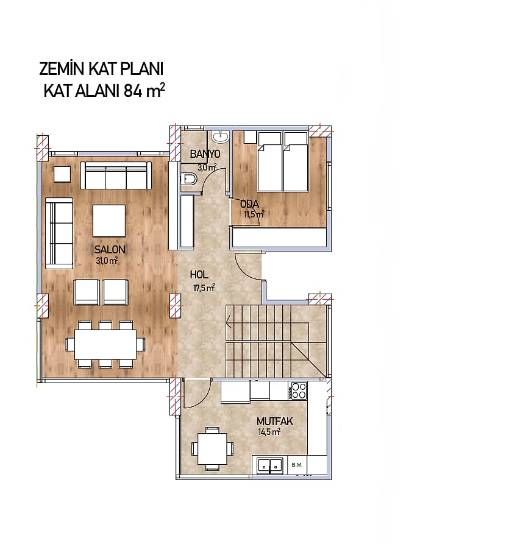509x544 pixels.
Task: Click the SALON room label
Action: (x=110, y=249)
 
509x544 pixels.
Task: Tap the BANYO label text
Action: (x=205, y=154)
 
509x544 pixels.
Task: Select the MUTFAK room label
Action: (x=275, y=422)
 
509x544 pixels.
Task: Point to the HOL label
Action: (x=199, y=275)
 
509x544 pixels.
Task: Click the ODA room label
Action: (x=250, y=204)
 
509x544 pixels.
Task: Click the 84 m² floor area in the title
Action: (x=144, y=91)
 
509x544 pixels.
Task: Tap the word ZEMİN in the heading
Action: (x=62, y=69)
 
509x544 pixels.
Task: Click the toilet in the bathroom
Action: (x=188, y=179)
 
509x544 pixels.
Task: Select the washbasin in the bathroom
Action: (x=220, y=136)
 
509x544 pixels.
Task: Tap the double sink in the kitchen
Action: (x=270, y=465)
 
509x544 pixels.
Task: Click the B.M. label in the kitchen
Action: (x=297, y=465)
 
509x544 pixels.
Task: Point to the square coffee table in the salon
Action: (x=109, y=221)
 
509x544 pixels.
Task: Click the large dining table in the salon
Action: (x=105, y=345)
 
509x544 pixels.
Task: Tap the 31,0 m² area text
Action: (x=107, y=261)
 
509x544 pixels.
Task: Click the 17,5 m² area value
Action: (x=204, y=288)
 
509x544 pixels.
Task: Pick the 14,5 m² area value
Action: (x=269, y=432)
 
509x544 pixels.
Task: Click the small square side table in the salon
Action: (x=62, y=174)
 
